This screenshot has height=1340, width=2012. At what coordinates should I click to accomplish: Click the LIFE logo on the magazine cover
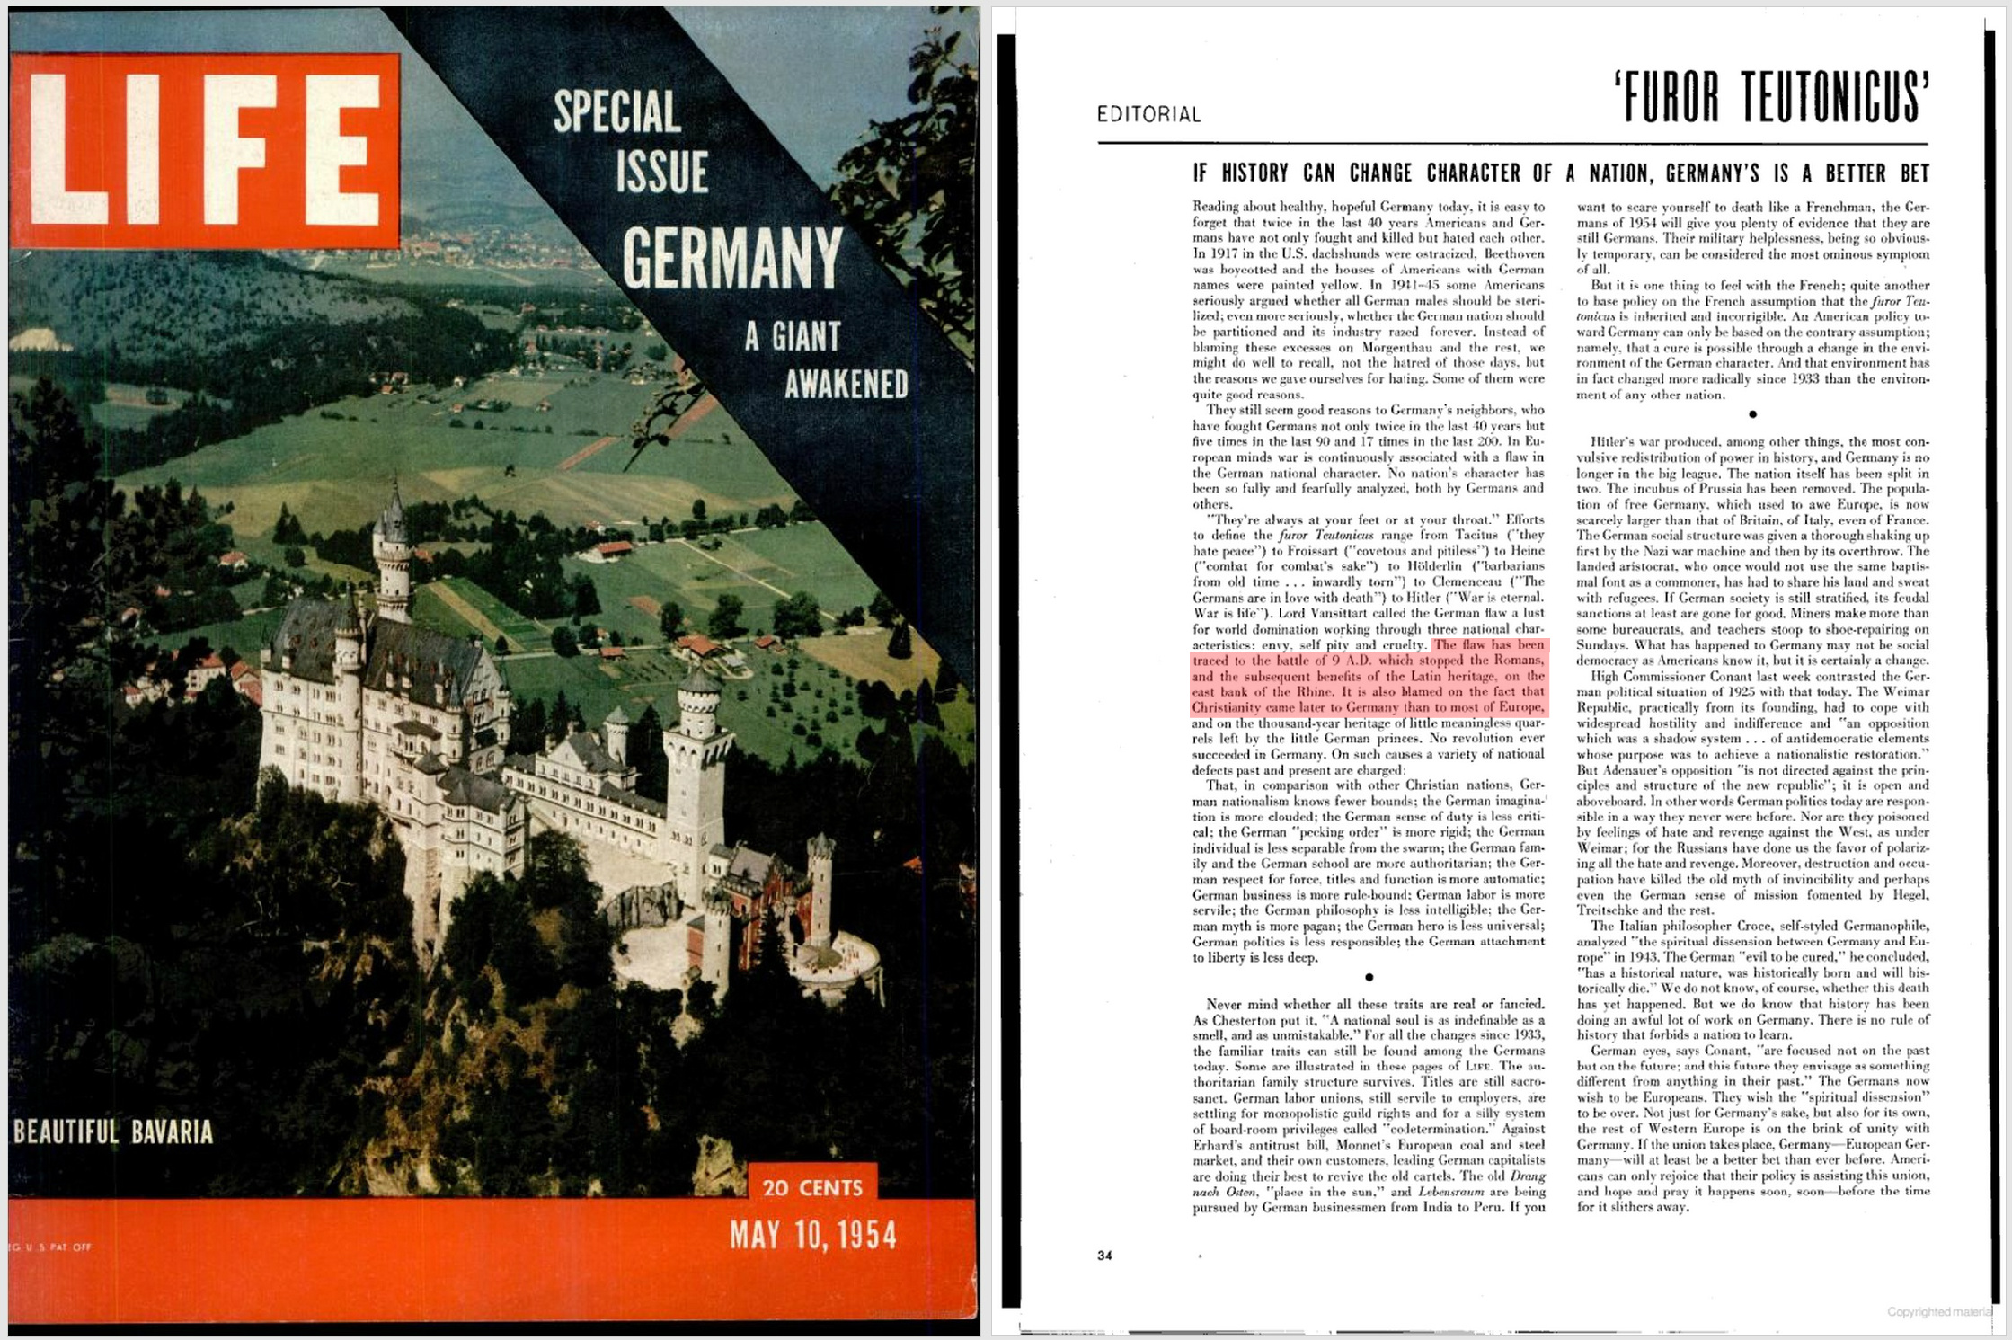pyautogui.click(x=205, y=150)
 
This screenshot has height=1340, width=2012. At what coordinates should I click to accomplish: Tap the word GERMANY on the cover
pyautogui.click(x=732, y=258)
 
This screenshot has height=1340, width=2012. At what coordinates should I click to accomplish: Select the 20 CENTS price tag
pyautogui.click(x=812, y=1187)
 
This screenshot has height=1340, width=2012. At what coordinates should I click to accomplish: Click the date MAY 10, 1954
pyautogui.click(x=813, y=1236)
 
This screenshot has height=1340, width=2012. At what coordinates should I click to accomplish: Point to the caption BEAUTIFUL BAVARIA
pyautogui.click(x=113, y=1131)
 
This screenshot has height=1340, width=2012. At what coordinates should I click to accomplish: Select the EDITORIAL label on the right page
pyautogui.click(x=1148, y=114)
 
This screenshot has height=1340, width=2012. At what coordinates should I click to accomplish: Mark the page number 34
pyautogui.click(x=1104, y=1256)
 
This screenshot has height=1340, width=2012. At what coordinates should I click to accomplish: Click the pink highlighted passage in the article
pyautogui.click(x=1369, y=677)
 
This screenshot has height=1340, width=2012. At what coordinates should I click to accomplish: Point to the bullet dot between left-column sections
pyautogui.click(x=1369, y=977)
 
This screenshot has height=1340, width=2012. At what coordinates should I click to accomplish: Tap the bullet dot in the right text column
pyautogui.click(x=1752, y=414)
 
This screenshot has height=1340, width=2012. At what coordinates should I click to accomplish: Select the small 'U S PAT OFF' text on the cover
pyautogui.click(x=50, y=1247)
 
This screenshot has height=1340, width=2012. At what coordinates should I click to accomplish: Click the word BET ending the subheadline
pyautogui.click(x=1908, y=173)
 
